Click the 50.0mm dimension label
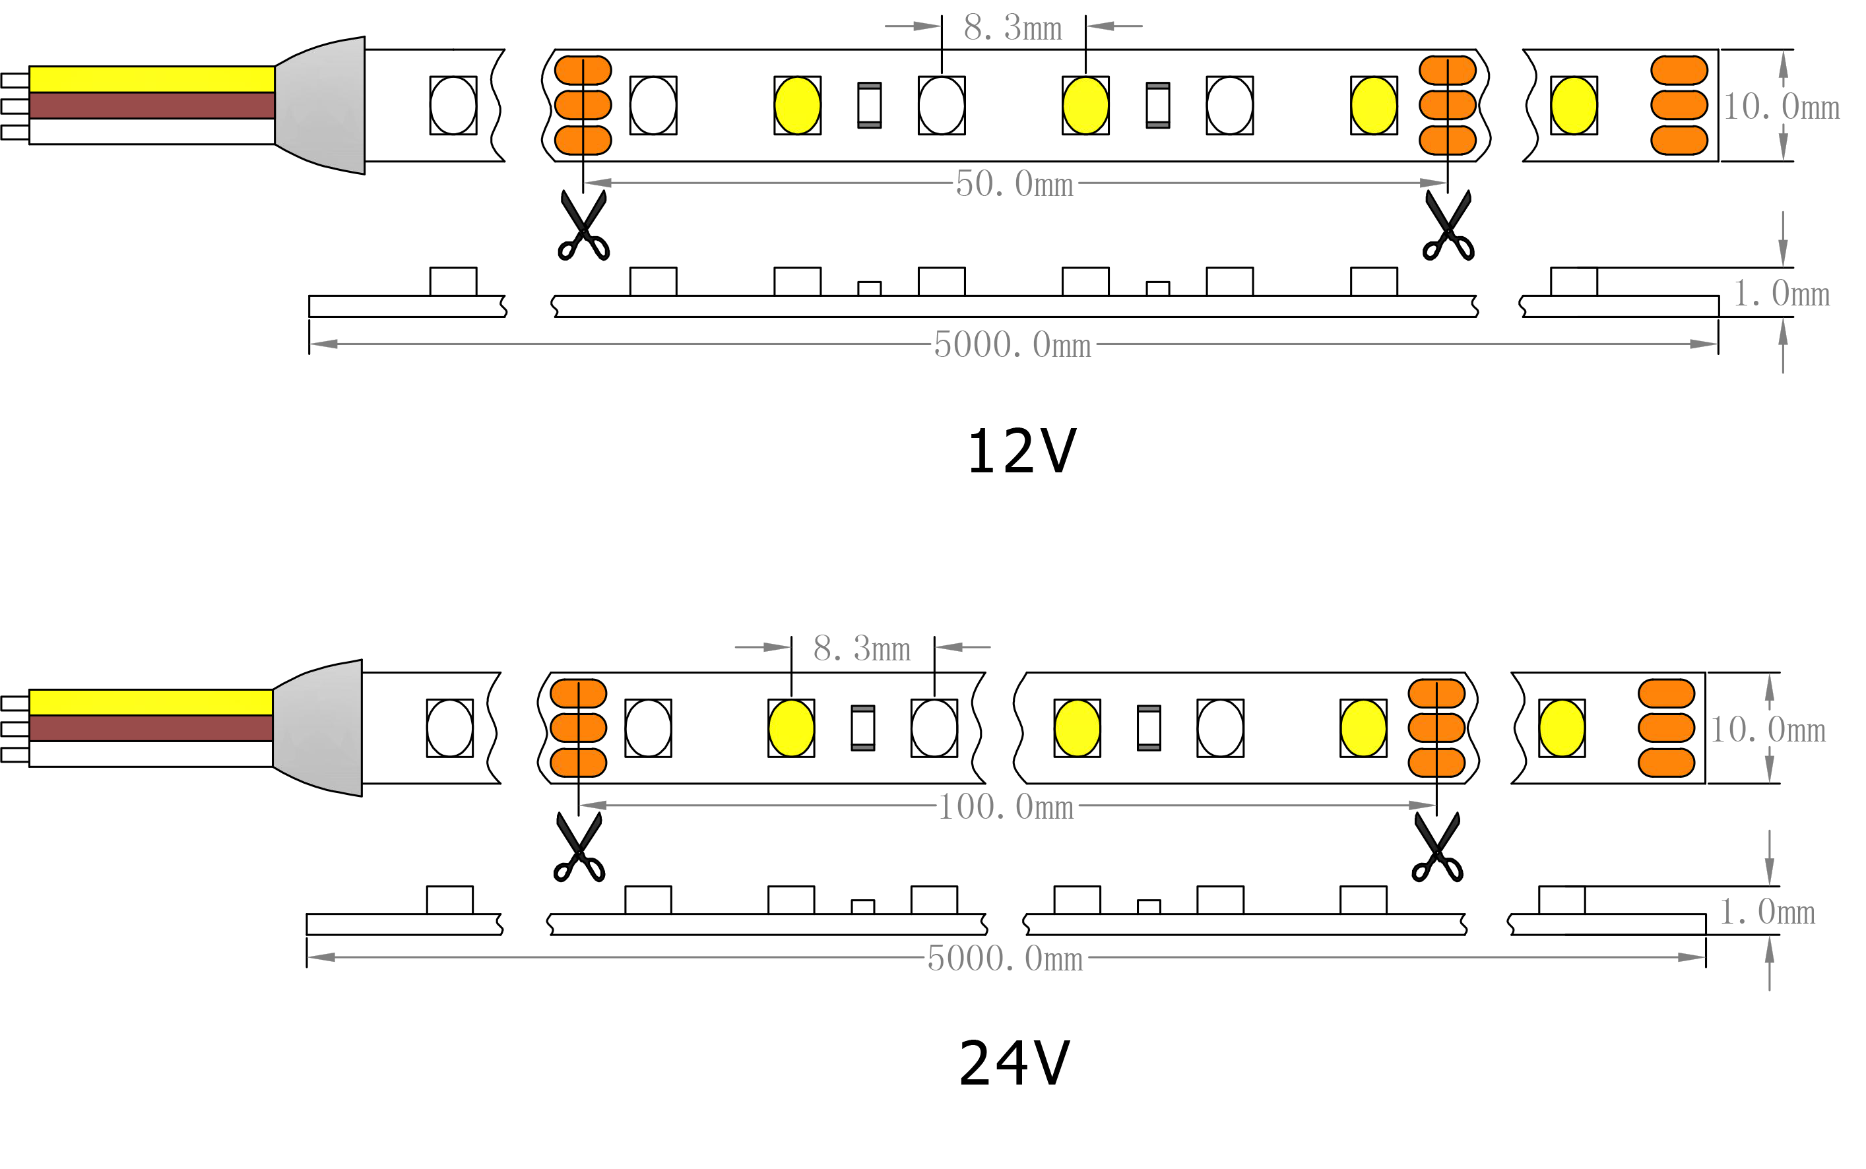tap(1013, 184)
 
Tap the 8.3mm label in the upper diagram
tap(1012, 28)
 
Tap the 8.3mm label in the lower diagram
tap(862, 648)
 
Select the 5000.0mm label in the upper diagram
tap(1012, 345)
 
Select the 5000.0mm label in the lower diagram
tap(1004, 959)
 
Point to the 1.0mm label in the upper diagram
tap(1780, 294)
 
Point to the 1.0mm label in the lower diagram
tap(1766, 912)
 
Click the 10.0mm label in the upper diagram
tap(1780, 107)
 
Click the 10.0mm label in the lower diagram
tap(1766, 730)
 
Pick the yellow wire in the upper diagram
tap(152, 79)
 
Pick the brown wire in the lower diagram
tap(151, 728)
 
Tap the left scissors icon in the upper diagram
tap(583, 226)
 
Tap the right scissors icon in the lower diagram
tap(1437, 848)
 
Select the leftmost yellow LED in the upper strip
tap(797, 105)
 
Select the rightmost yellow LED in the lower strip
tap(1561, 728)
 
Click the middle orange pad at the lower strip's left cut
tap(577, 728)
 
